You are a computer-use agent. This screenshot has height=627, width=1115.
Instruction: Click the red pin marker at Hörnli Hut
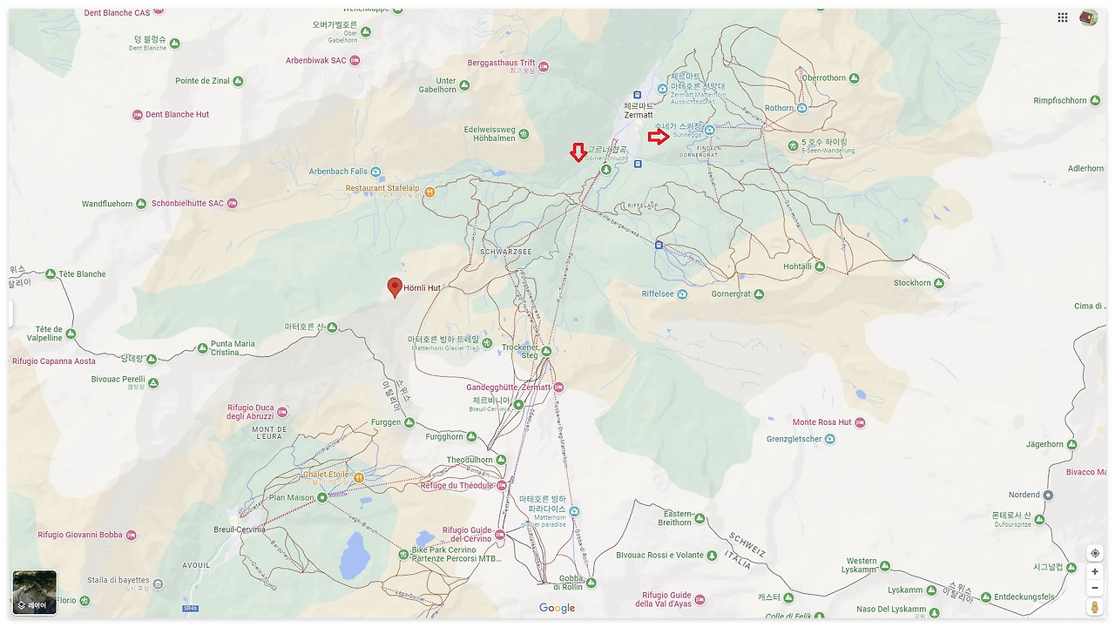click(x=395, y=287)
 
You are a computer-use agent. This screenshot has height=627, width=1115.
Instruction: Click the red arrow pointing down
click(x=578, y=152)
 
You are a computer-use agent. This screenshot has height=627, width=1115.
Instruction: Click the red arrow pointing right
click(x=659, y=136)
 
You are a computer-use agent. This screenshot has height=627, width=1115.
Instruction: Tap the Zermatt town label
click(x=638, y=115)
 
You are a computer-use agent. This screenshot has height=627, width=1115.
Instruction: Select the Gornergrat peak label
click(x=731, y=294)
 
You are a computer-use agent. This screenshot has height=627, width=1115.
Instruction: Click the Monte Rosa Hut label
click(x=821, y=422)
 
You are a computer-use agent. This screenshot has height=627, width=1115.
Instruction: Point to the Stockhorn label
click(x=912, y=283)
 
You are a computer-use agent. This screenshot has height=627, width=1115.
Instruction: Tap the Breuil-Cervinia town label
click(x=240, y=529)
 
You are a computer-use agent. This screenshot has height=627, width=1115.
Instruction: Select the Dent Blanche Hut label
click(x=177, y=115)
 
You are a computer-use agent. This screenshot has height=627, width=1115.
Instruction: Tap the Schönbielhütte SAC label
click(x=187, y=204)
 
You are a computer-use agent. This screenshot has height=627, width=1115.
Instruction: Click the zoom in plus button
click(x=1095, y=571)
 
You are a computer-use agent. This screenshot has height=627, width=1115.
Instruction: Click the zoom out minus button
click(x=1095, y=588)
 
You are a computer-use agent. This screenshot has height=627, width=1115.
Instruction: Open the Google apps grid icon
click(x=1063, y=17)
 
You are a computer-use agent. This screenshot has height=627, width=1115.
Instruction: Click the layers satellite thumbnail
click(x=35, y=592)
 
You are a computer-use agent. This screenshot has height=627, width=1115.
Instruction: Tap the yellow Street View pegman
click(x=1095, y=607)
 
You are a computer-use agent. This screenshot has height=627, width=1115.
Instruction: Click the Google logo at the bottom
click(x=557, y=608)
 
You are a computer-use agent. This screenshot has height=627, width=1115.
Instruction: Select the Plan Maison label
click(x=291, y=498)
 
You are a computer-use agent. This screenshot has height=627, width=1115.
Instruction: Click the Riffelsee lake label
click(x=658, y=294)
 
